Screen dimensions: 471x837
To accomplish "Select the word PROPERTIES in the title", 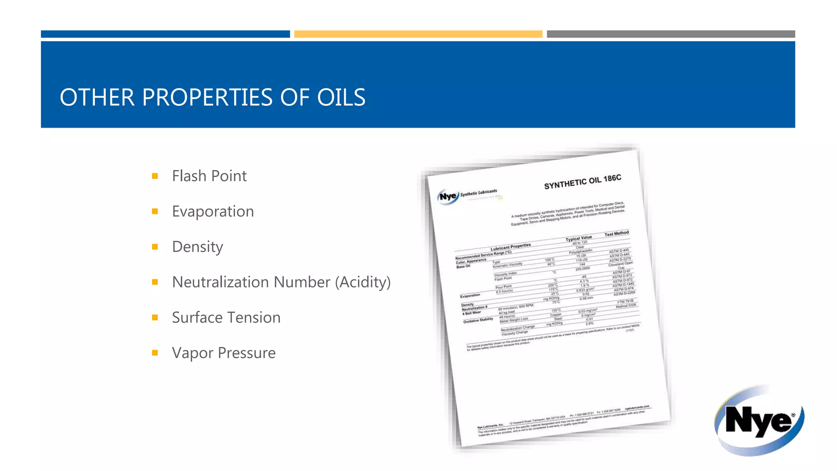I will point(207,97).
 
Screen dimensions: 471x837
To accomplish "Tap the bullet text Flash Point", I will point(209,176).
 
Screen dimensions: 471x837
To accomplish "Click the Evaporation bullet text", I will point(213,211).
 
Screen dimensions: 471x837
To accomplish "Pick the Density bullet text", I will point(197,247).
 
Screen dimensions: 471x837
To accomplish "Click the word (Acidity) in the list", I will point(363,282).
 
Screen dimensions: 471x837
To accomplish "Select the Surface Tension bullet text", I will point(226,318).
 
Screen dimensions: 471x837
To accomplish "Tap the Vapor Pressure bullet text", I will point(224,353).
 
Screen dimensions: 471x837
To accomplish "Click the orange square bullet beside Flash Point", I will point(155,176).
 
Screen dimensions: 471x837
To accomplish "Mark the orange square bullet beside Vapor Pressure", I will point(155,353).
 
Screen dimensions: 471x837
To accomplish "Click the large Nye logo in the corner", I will point(759,420).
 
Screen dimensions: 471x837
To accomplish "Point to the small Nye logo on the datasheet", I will point(448,196).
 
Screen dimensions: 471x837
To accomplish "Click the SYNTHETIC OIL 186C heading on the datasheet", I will point(582,182).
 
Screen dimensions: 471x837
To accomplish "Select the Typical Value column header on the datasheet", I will point(578,238).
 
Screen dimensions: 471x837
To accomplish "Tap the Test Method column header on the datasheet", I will point(616,233).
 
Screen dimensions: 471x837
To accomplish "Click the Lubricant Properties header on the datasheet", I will point(510,247).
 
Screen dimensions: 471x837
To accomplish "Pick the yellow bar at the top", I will point(418,34).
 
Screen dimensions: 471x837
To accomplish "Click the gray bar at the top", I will point(671,34).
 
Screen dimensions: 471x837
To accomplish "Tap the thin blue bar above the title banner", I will point(165,34).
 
